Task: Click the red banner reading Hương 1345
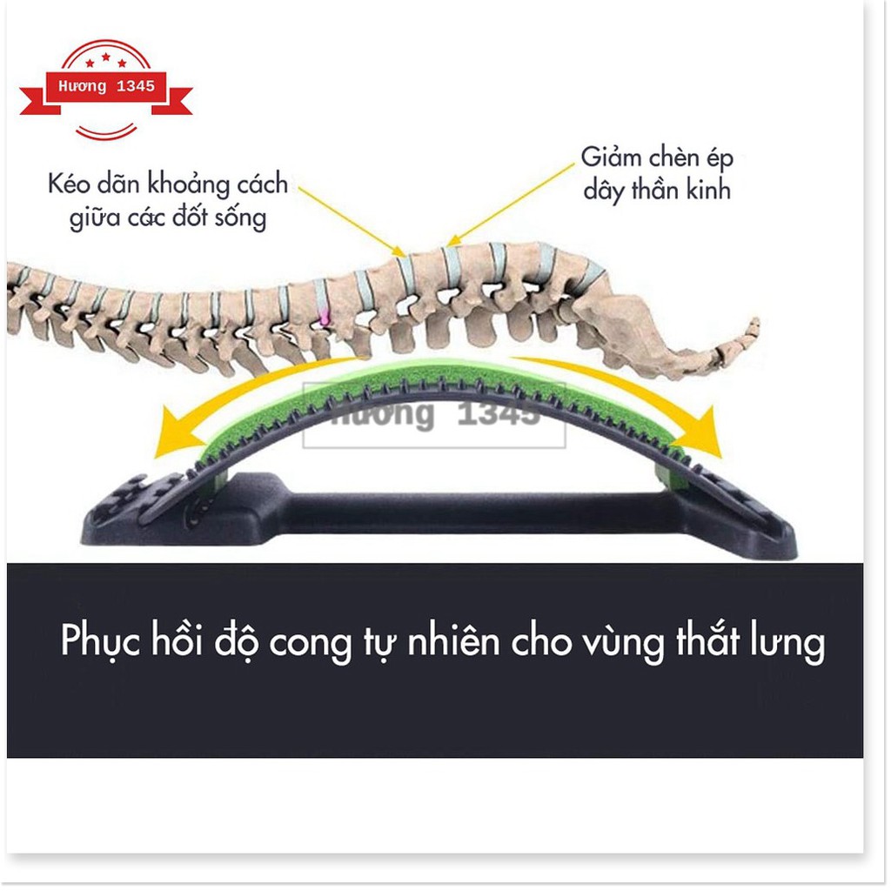point(105,88)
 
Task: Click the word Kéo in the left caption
point(70,185)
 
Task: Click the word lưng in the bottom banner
point(789,644)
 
